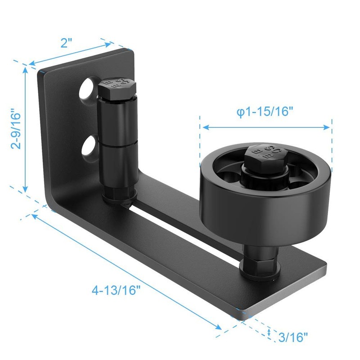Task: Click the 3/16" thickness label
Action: click(292, 335)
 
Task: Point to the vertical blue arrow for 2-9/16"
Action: click(26, 130)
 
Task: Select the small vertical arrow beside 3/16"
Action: click(269, 333)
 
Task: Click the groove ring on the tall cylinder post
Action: click(117, 144)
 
